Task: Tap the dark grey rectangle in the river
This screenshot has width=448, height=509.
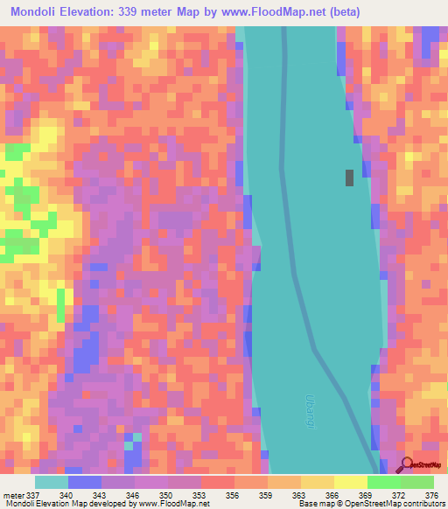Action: (349, 178)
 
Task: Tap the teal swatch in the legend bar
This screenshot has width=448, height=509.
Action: (52, 483)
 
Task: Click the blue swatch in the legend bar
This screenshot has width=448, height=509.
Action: (85, 483)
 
